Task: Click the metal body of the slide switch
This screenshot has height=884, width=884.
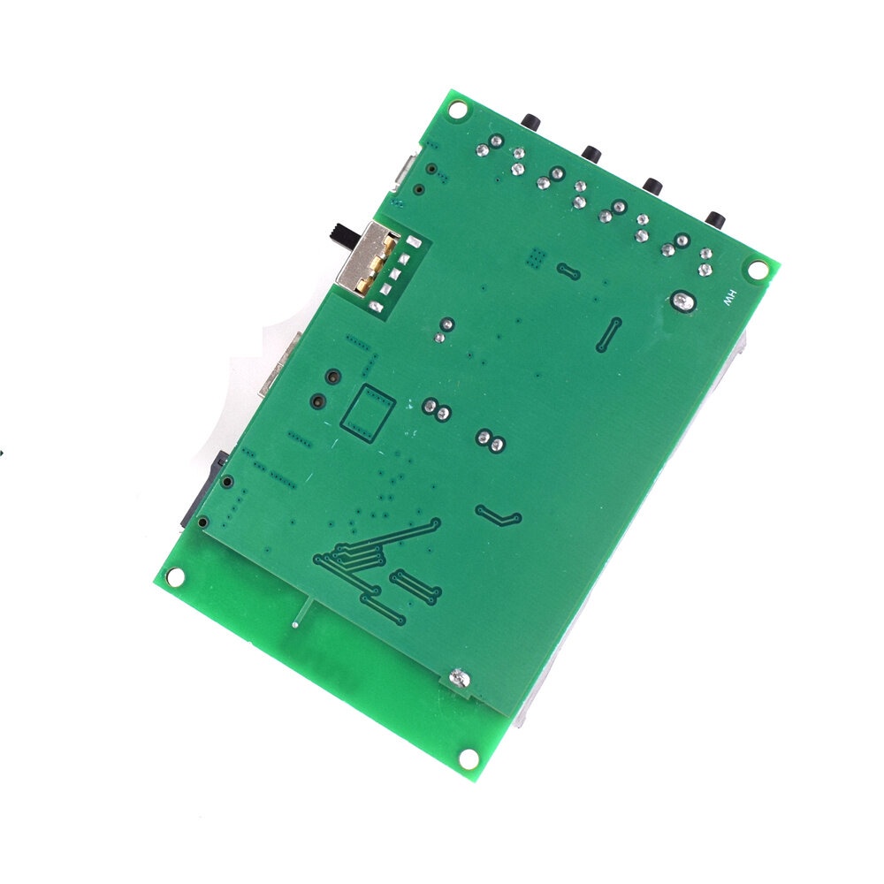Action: click(x=361, y=257)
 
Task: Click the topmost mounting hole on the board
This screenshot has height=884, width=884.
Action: click(x=459, y=110)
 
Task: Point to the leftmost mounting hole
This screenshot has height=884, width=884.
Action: click(x=175, y=576)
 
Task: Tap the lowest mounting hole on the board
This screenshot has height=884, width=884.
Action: click(x=469, y=758)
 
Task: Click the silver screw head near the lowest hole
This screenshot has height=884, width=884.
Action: click(x=460, y=678)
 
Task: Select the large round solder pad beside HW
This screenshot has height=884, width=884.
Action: click(x=684, y=302)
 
